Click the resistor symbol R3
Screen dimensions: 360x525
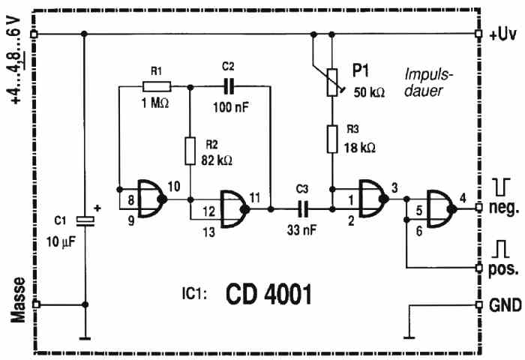tap(331, 139)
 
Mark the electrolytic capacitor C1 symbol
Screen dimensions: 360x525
tap(86, 220)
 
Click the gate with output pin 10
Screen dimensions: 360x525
tap(147, 197)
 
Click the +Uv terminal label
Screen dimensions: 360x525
tap(502, 34)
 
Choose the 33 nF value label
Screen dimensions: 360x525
tap(303, 230)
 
